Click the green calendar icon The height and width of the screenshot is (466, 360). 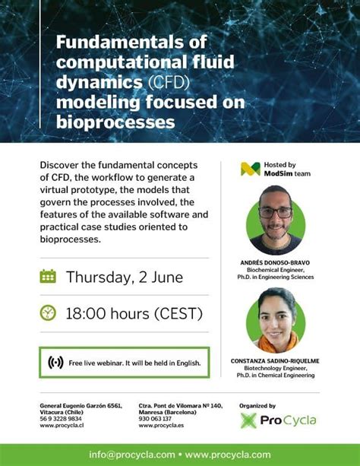click(48, 276)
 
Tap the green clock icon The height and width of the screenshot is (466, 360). click(48, 312)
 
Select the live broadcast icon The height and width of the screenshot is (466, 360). click(55, 363)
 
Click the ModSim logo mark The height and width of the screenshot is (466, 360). click(251, 169)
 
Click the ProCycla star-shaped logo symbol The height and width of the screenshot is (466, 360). click(248, 420)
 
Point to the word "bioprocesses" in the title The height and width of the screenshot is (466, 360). click(115, 122)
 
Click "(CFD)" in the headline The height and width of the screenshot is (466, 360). click(169, 82)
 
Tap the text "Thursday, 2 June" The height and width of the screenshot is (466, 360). click(125, 277)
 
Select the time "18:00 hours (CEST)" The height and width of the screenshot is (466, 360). click(134, 313)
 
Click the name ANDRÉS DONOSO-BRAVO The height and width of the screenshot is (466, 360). click(275, 263)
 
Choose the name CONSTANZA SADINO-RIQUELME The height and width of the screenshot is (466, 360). click(275, 361)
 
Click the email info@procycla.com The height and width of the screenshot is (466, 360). click(132, 455)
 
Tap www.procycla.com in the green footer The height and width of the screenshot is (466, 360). click(228, 455)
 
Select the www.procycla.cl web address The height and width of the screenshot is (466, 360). click(62, 425)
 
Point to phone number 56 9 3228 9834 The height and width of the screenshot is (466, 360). click(61, 419)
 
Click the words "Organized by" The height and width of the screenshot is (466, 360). click(257, 406)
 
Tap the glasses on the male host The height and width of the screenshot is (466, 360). click(276, 212)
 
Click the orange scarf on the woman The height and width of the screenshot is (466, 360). click(278, 342)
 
